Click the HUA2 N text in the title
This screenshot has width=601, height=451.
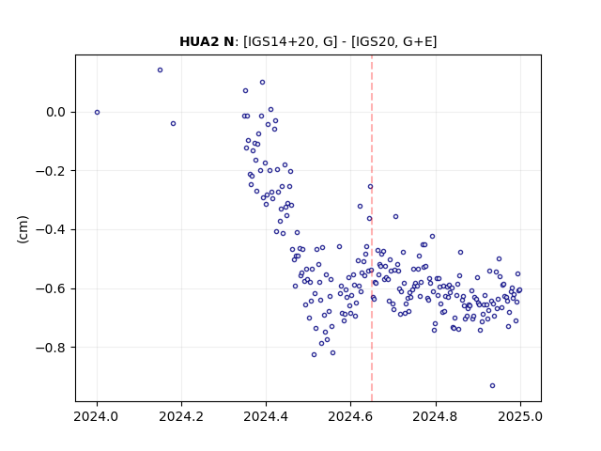pyautogui.click(x=207, y=41)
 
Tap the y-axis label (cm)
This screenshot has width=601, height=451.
pyautogui.click(x=23, y=229)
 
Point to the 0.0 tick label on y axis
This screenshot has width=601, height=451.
pyautogui.click(x=56, y=113)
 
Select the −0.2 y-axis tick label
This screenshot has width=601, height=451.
pyautogui.click(x=51, y=171)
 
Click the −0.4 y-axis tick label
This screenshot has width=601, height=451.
pyautogui.click(x=51, y=229)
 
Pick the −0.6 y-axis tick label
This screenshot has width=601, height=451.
pyautogui.click(x=51, y=288)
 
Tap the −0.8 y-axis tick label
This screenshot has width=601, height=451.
pyautogui.click(x=51, y=348)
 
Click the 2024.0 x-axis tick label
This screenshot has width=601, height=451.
pyautogui.click(x=97, y=416)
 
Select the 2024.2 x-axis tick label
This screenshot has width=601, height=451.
pyautogui.click(x=181, y=416)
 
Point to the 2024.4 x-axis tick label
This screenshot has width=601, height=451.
pyautogui.click(x=266, y=416)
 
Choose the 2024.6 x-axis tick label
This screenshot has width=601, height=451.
pyautogui.click(x=350, y=416)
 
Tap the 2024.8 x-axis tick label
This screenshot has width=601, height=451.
pyautogui.click(x=435, y=416)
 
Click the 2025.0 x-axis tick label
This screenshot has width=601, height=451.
pyautogui.click(x=520, y=416)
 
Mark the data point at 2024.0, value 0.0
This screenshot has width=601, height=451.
pyautogui.click(x=97, y=113)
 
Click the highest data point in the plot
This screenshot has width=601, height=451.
pyautogui.click(x=161, y=70)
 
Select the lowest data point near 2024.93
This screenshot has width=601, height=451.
pyautogui.click(x=492, y=386)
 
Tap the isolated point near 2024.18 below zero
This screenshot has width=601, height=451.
pyautogui.click(x=173, y=123)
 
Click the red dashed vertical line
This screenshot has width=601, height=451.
pyautogui.click(x=372, y=228)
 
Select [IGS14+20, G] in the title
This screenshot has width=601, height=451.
pyautogui.click(x=290, y=41)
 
